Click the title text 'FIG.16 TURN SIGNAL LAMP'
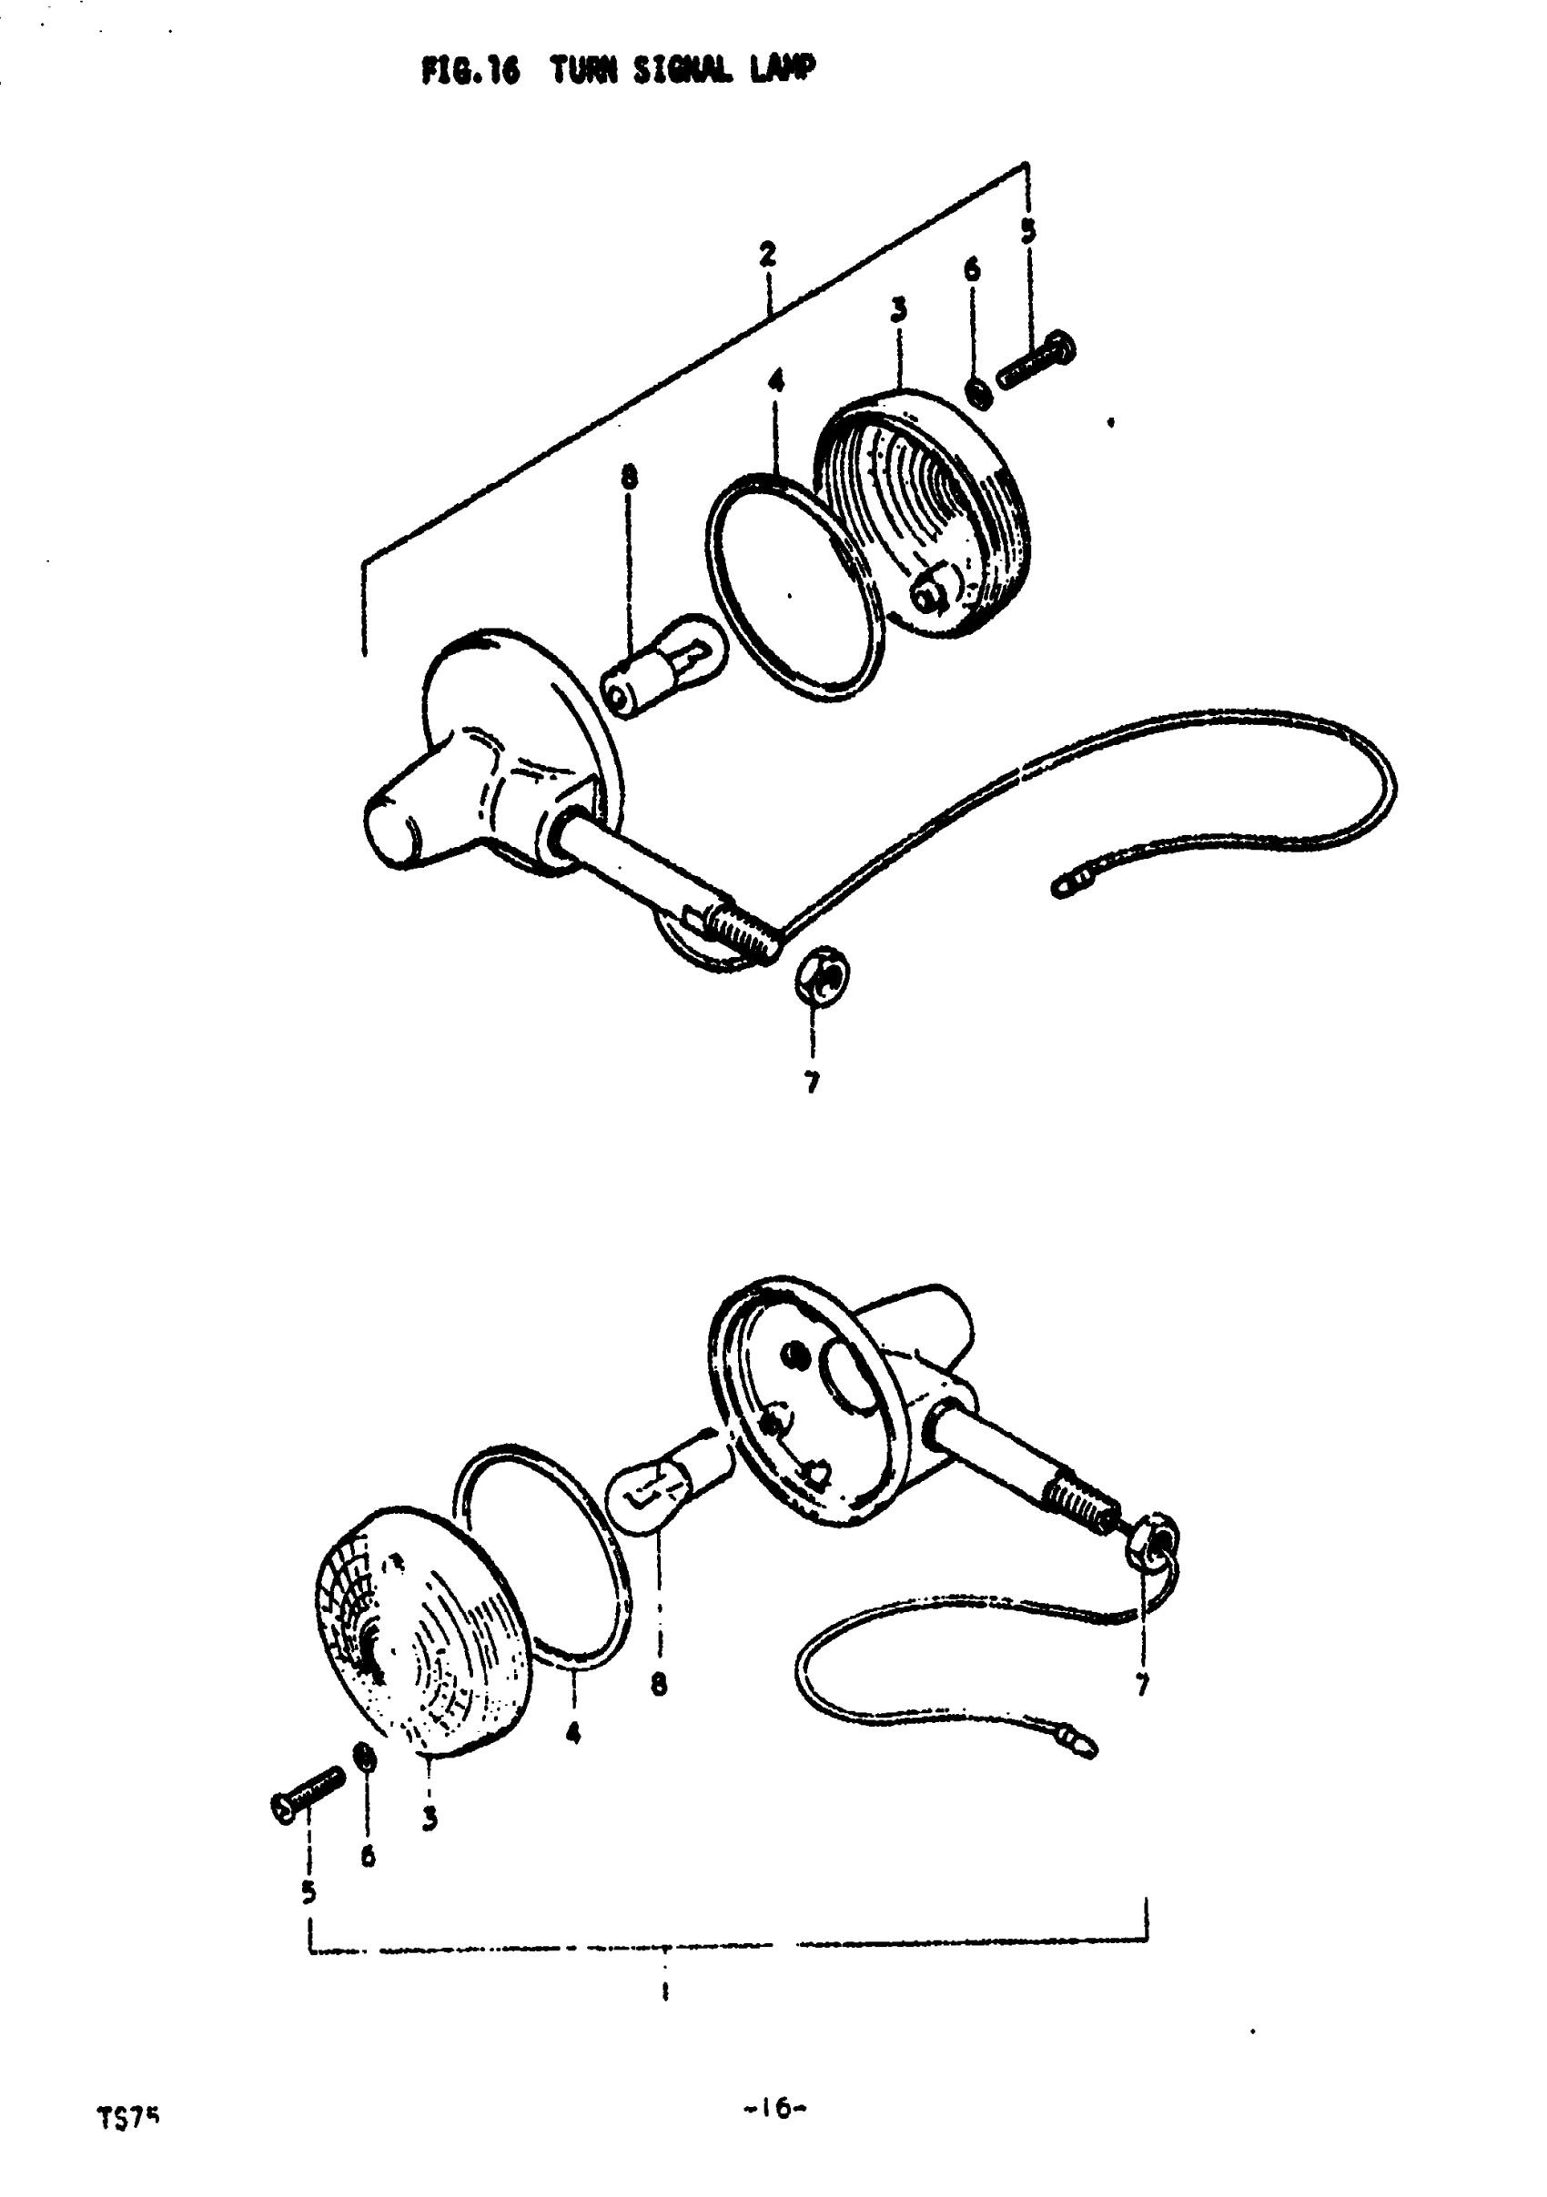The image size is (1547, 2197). tap(619, 70)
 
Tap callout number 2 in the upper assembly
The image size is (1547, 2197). tap(767, 255)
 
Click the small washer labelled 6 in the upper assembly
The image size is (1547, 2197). tap(977, 391)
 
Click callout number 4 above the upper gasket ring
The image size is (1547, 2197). tap(775, 382)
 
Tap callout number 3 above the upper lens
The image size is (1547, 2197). tap(898, 310)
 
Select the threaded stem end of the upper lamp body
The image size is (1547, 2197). tap(743, 934)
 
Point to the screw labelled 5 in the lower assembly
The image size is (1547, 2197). tap(307, 1793)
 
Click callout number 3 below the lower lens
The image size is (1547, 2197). tap(430, 1819)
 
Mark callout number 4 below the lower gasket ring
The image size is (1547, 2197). tap(572, 1733)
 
